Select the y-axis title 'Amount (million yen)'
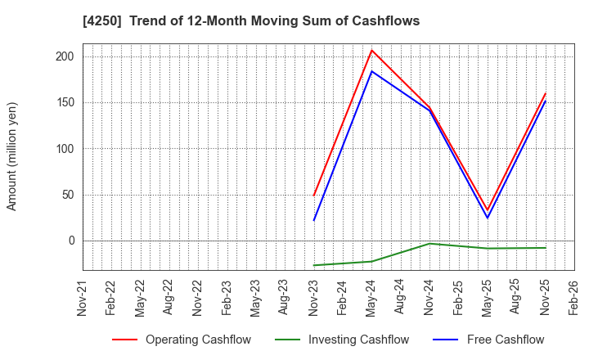coord(12,156)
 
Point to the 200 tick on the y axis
coord(65,56)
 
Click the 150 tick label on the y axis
coord(65,102)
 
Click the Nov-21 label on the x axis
coord(82,299)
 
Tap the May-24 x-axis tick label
coord(372,299)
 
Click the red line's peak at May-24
coord(371,50)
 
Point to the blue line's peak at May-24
coord(371,71)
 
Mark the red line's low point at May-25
coord(488,210)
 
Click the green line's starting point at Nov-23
coord(314,265)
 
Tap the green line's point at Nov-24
coord(429,244)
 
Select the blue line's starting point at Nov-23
coord(314,220)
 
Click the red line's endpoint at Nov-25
coord(545,93)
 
